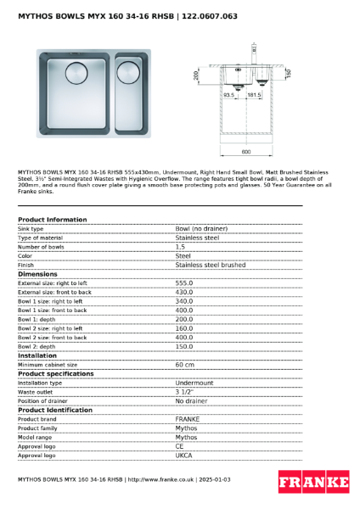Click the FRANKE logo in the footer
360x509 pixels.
[313, 482]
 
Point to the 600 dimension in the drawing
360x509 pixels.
[246, 152]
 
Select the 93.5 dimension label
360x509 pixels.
[228, 95]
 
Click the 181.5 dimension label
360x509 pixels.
[253, 95]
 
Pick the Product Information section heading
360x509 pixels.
[52, 220]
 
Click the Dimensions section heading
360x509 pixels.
[37, 274]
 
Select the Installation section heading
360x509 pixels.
[37, 355]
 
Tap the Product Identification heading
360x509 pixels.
[55, 410]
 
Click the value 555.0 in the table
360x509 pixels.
[184, 283]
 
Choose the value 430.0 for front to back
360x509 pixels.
[184, 292]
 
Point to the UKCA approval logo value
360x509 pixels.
[183, 456]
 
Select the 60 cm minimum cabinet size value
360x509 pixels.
[184, 365]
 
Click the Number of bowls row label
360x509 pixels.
[42, 247]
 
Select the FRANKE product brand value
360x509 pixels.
[187, 419]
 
